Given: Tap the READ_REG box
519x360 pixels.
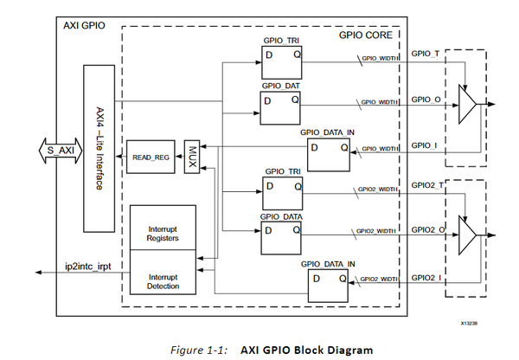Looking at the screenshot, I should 148,157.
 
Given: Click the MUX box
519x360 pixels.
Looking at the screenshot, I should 192,157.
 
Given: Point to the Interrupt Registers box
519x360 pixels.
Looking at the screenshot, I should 162,233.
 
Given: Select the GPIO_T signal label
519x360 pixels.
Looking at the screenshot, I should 426,54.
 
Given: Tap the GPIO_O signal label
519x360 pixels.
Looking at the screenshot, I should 426,100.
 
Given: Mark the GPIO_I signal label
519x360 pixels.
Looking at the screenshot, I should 424,145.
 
